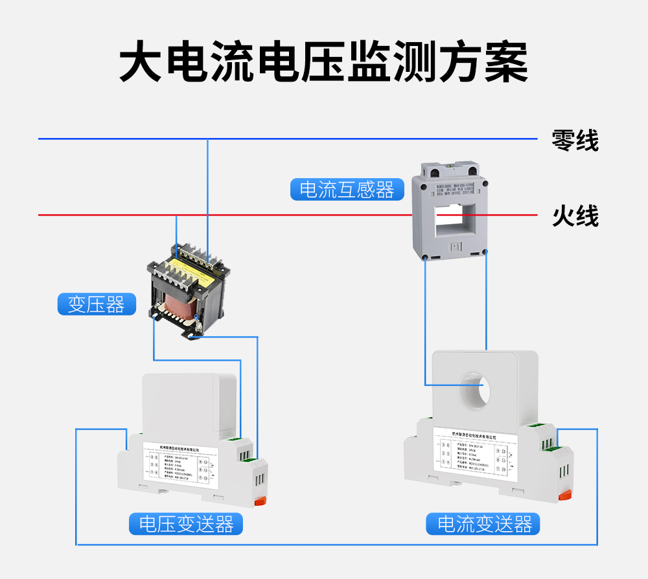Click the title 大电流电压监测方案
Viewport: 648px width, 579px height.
pos(323,62)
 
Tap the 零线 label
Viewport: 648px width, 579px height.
pos(575,140)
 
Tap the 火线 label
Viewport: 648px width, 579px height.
pos(575,216)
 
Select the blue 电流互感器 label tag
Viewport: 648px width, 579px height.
pos(347,190)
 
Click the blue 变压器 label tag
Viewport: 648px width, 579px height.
pos(97,304)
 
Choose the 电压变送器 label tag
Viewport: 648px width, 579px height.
pos(186,524)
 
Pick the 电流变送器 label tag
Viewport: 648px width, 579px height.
pos(483,524)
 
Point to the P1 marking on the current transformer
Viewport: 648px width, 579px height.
pos(454,247)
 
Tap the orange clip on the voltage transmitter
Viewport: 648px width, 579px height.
pos(260,500)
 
